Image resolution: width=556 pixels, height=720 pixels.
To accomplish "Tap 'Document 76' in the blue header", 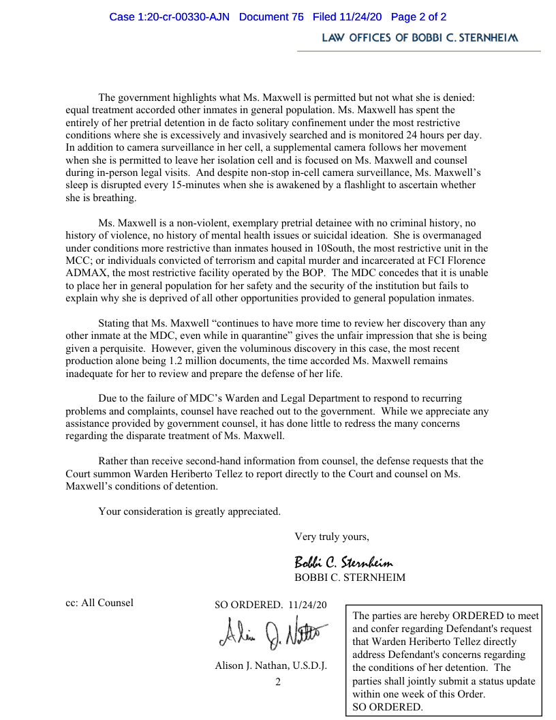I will pos(271,17).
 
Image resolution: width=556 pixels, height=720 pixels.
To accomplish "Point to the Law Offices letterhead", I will pos(420,38).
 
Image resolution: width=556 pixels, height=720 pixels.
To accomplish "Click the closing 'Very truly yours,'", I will pos(332,537).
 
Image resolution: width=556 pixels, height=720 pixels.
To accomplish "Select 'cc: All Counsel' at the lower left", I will pos(99,603).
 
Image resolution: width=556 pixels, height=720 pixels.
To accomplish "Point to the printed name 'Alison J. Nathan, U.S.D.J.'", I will pos(271,666).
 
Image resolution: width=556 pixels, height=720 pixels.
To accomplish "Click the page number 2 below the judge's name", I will pos(278,682).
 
